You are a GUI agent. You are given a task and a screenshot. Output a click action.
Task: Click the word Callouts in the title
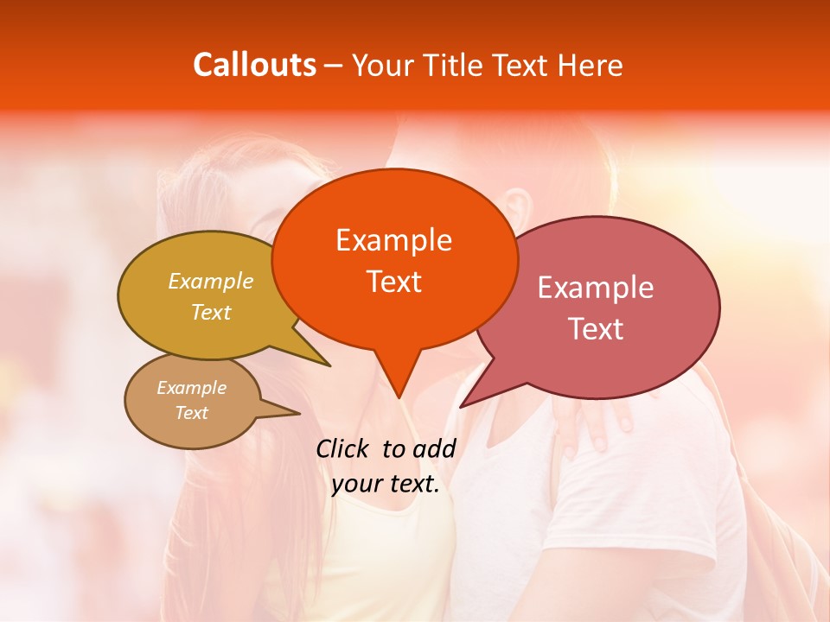254,65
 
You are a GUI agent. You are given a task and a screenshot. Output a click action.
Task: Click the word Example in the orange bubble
393,239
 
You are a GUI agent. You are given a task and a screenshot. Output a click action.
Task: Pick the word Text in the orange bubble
393,281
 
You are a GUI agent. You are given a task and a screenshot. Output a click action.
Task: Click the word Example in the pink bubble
596,288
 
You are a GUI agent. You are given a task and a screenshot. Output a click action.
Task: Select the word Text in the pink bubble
596,328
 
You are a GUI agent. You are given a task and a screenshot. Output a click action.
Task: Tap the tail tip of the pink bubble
461,406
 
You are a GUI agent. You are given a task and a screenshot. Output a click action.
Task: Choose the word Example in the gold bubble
211,281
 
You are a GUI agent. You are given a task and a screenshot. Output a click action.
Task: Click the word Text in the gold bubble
211,312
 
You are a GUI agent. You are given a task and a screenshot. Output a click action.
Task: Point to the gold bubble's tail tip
329,365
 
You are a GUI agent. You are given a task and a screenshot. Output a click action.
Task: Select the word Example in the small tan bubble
191,388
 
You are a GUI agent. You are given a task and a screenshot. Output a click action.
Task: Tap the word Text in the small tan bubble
191,413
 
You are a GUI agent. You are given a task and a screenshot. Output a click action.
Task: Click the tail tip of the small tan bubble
299,413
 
